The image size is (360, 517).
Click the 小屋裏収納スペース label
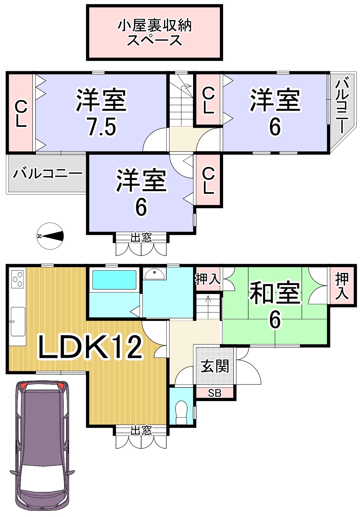(155, 33)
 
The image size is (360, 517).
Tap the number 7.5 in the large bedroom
(102, 126)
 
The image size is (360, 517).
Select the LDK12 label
(90, 347)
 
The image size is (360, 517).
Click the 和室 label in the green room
(275, 293)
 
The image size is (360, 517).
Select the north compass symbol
(50, 236)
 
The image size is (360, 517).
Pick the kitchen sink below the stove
(18, 321)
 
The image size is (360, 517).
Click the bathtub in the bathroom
(114, 280)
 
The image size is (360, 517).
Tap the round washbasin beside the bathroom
(154, 274)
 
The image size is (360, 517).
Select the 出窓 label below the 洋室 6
(141, 238)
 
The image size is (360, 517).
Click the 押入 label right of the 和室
(341, 286)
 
